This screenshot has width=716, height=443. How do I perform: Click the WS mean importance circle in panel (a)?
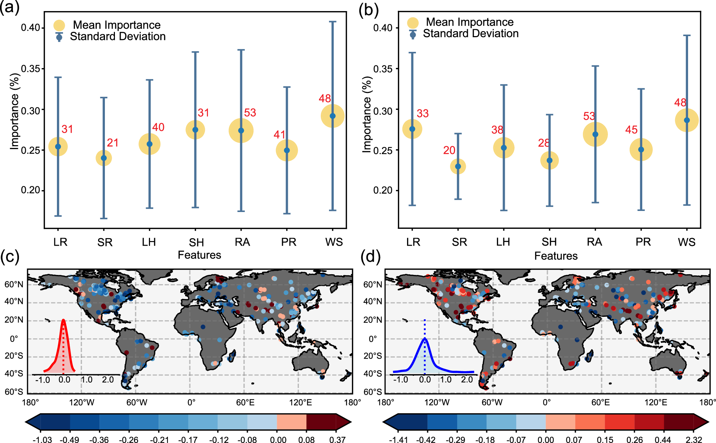(x=333, y=116)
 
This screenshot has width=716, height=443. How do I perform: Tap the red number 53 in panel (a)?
(x=250, y=113)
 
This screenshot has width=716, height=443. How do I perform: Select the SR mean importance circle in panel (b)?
(x=458, y=166)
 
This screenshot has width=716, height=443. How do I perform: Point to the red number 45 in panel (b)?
(x=631, y=129)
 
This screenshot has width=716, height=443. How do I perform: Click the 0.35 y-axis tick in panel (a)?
(x=30, y=69)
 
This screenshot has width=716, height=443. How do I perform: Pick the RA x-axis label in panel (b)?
(x=594, y=242)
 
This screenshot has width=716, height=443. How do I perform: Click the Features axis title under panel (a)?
(x=199, y=255)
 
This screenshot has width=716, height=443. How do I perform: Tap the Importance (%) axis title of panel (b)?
(x=367, y=115)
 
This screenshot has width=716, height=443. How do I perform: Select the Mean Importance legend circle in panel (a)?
(x=59, y=25)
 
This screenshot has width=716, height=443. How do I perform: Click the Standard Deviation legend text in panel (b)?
(x=470, y=34)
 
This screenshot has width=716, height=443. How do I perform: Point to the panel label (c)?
(x=10, y=257)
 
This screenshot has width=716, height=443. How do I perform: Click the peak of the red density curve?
(x=63, y=320)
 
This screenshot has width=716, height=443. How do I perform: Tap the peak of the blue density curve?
(x=425, y=338)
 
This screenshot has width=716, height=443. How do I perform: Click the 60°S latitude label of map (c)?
(x=14, y=392)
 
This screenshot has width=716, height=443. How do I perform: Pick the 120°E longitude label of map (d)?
(x=655, y=403)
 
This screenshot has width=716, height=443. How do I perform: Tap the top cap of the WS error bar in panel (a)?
(x=333, y=22)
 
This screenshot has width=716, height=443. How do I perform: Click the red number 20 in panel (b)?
(x=449, y=150)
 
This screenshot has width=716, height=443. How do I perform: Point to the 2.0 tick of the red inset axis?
(x=108, y=380)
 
